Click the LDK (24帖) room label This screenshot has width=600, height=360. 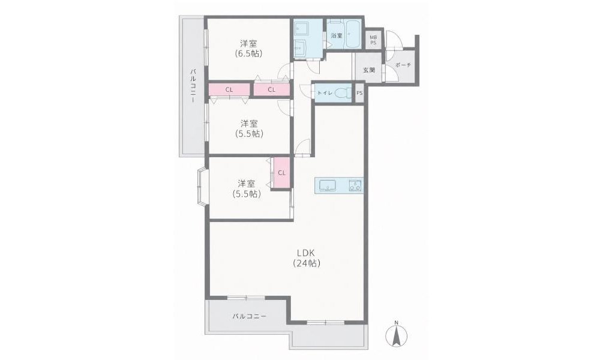pos(307,258)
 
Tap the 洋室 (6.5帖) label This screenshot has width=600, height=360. pos(249,48)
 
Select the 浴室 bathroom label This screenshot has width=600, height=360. pos(337,35)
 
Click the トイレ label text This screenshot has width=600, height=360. pos(325,92)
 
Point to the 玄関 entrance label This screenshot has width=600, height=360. pos(369,70)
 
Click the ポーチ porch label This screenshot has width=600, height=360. pos(403,65)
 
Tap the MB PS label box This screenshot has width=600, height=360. pos(373,40)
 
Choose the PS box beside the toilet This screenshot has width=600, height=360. pos(359,93)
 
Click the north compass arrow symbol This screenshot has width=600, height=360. pos(397,334)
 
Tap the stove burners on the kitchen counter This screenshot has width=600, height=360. pos(355,185)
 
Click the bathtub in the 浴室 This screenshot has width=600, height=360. pos(352,34)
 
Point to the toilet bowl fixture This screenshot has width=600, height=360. pos(342,93)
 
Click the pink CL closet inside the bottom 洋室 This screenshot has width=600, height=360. pos(281,173)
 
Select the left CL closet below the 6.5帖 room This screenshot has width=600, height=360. pos(229,90)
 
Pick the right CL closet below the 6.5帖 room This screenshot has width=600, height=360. pos(271,90)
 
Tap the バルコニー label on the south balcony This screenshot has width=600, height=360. pos(249,316)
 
